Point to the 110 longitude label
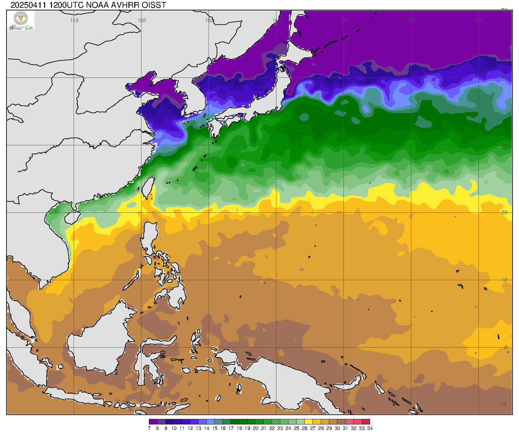pos(74,20)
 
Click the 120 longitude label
pos(142,20)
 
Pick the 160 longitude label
pos(412,20)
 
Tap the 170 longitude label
pos(479,20)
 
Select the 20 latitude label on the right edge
pos(504,212)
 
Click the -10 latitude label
pos(502,404)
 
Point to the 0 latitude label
pos(505,347)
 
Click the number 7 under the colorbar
pos(149,428)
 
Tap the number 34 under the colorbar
pos(370,428)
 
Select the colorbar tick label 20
pos(255,428)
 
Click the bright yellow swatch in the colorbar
pos(308,422)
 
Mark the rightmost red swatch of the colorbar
pos(366,422)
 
